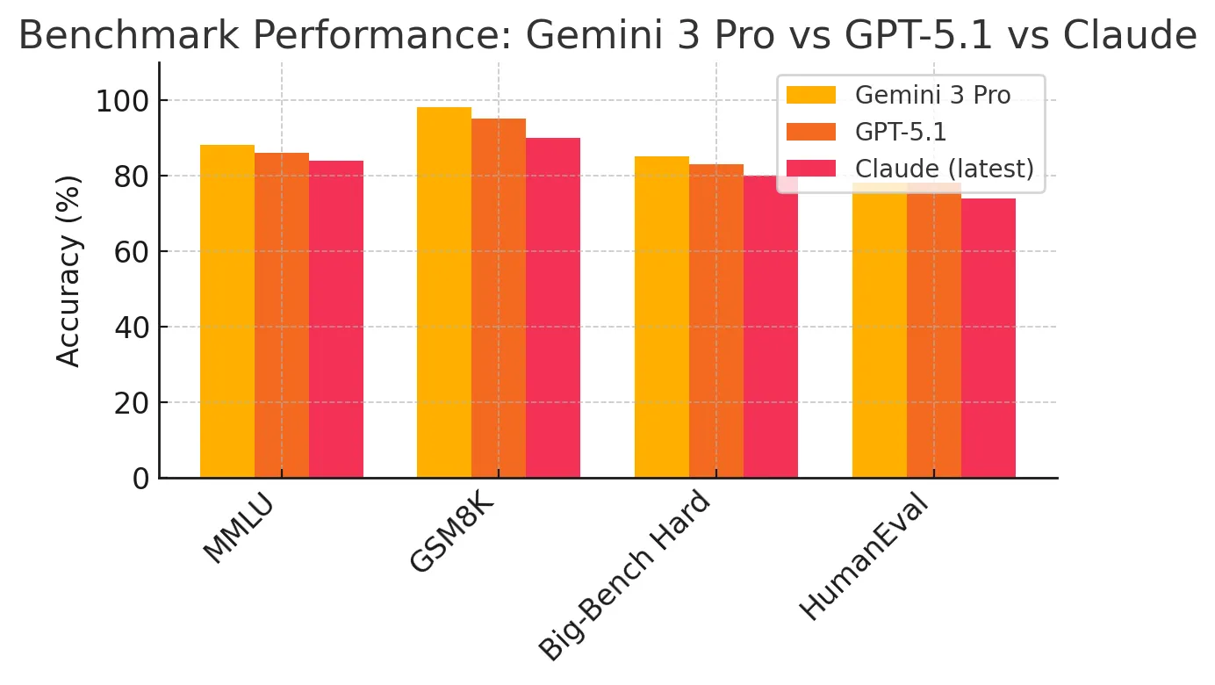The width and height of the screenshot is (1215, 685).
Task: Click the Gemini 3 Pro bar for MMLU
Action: pyautogui.click(x=227, y=312)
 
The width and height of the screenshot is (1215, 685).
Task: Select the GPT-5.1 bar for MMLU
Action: pyautogui.click(x=282, y=316)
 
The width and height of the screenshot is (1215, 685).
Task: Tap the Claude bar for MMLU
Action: pyautogui.click(x=336, y=320)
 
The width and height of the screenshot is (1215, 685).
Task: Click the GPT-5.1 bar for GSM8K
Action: pyautogui.click(x=499, y=299)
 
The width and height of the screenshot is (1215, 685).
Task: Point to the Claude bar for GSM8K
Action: pyautogui.click(x=553, y=308)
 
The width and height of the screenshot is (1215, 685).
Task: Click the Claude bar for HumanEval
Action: pyautogui.click(x=989, y=338)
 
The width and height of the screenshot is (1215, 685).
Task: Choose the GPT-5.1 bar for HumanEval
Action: pyautogui.click(x=934, y=334)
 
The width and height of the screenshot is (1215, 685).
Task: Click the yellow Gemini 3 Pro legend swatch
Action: pyautogui.click(x=811, y=95)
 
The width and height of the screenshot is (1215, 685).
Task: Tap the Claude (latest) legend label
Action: pyautogui.click(x=944, y=169)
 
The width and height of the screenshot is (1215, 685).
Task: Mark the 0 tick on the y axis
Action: pyautogui.click(x=140, y=479)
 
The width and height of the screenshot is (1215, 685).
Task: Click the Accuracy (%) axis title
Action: pyautogui.click(x=68, y=270)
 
